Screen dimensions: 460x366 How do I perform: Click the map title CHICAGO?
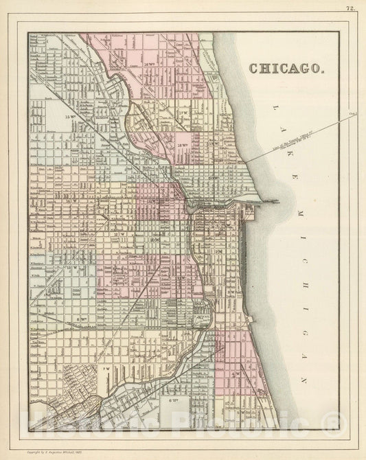click(x=284, y=69)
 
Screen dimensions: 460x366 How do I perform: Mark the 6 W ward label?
click(x=172, y=398)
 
